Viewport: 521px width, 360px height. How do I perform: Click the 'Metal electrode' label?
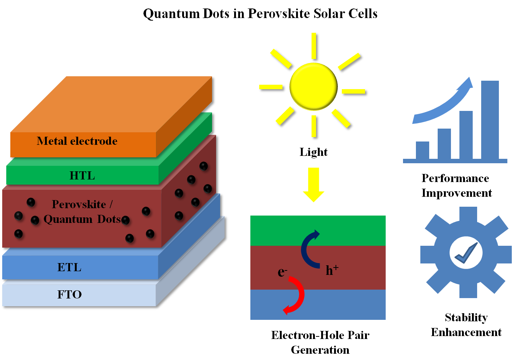pos(77,141)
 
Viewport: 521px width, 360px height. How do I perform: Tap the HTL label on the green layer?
pos(82,176)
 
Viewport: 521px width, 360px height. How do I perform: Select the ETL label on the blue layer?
pos(69,267)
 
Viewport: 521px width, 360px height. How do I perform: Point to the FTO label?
pos(69,294)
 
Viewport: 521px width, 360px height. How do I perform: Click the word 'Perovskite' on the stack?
pos(79,204)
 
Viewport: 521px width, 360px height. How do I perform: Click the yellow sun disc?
pos(313,86)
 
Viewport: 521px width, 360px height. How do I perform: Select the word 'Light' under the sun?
pos(313,152)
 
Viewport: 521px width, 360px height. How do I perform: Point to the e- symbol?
pos(282,272)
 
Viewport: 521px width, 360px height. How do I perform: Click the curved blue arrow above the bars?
pos(442,107)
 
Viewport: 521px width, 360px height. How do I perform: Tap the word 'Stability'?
pos(466,317)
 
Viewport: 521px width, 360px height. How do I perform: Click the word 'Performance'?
pos(455,178)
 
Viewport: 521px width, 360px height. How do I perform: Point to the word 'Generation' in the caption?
pos(320,350)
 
